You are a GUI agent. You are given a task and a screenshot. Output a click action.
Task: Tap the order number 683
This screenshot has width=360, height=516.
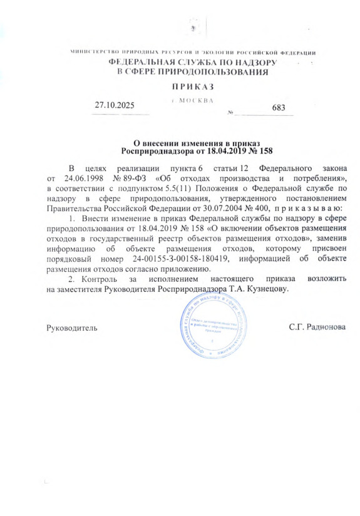point(279,108)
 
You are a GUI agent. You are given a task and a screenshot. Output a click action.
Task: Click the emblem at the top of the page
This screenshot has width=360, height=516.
point(194,29)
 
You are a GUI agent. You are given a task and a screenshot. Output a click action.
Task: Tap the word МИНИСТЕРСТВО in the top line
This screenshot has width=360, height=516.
point(95,51)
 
